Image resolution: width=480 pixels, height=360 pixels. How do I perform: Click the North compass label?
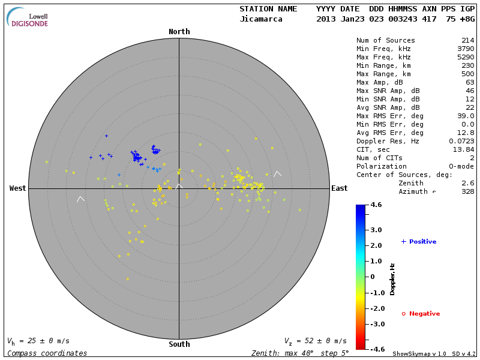179,32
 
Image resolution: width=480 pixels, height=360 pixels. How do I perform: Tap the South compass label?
179,344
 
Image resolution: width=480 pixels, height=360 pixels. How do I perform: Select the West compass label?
17,188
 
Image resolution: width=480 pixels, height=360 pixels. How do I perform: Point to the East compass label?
339,188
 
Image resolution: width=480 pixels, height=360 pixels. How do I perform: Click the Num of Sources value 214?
467,40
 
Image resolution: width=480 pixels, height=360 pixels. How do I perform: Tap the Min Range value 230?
467,65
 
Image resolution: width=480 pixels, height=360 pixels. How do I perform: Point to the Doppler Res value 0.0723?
461,141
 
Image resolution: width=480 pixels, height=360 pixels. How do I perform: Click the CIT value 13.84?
463,149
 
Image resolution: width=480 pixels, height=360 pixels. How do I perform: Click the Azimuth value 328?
467,191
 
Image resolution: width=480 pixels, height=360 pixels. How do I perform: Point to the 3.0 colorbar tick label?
376,230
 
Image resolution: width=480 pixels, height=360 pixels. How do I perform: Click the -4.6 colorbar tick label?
376,349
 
